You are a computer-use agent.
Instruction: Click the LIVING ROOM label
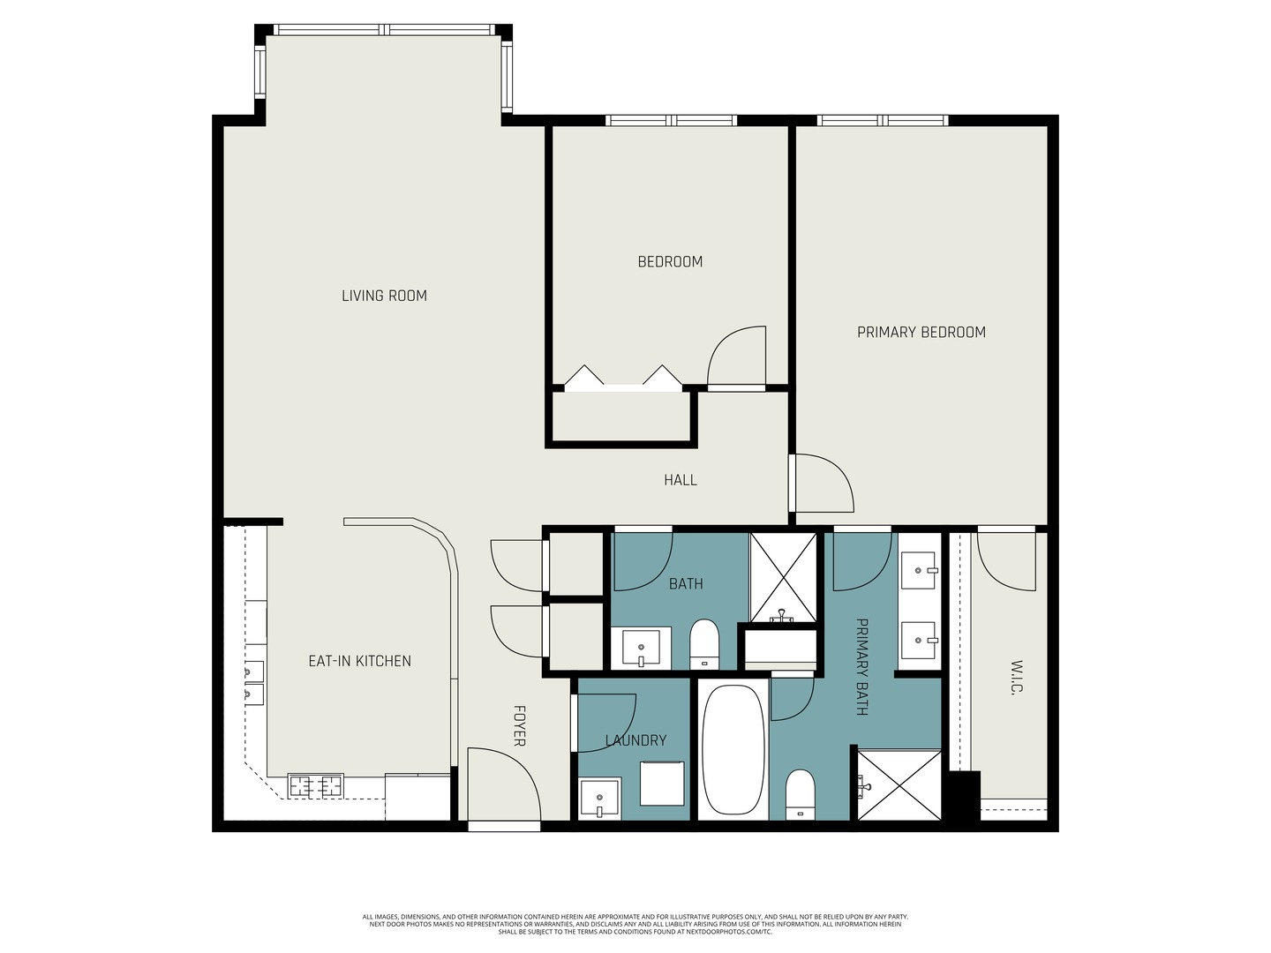click(x=384, y=296)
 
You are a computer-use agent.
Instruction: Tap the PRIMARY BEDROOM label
click(x=921, y=332)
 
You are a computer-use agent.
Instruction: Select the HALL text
click(x=680, y=480)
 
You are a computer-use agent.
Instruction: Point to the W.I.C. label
click(x=1017, y=677)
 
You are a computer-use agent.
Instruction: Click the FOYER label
click(x=519, y=725)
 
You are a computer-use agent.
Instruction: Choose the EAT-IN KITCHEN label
click(x=359, y=661)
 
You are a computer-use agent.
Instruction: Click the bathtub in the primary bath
click(x=733, y=749)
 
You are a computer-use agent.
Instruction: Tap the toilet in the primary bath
click(x=801, y=794)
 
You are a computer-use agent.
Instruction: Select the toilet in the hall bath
click(x=704, y=644)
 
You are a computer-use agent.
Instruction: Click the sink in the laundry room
click(x=600, y=799)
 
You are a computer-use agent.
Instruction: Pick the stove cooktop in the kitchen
click(x=316, y=785)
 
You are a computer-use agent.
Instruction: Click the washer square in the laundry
click(x=662, y=784)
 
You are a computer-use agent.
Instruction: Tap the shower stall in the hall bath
click(x=783, y=577)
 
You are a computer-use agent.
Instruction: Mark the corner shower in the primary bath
click(x=899, y=784)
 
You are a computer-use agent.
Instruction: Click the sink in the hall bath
click(x=641, y=648)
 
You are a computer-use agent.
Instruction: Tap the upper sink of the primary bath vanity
click(x=919, y=571)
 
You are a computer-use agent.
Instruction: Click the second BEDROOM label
click(x=670, y=261)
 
